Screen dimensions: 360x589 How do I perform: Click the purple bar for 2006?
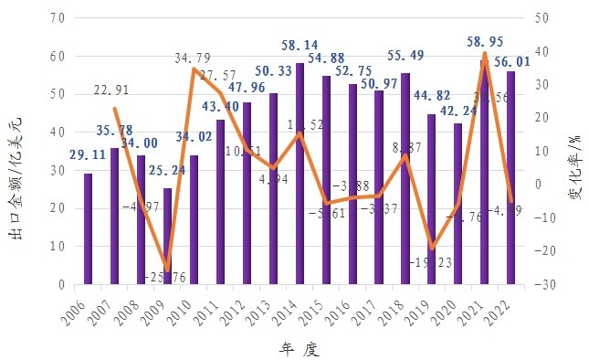pos(89,228)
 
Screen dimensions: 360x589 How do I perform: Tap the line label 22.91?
pos(113,90)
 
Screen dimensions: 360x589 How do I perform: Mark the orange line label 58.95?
pos(486,42)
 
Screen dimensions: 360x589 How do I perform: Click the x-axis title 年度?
pos(299,348)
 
